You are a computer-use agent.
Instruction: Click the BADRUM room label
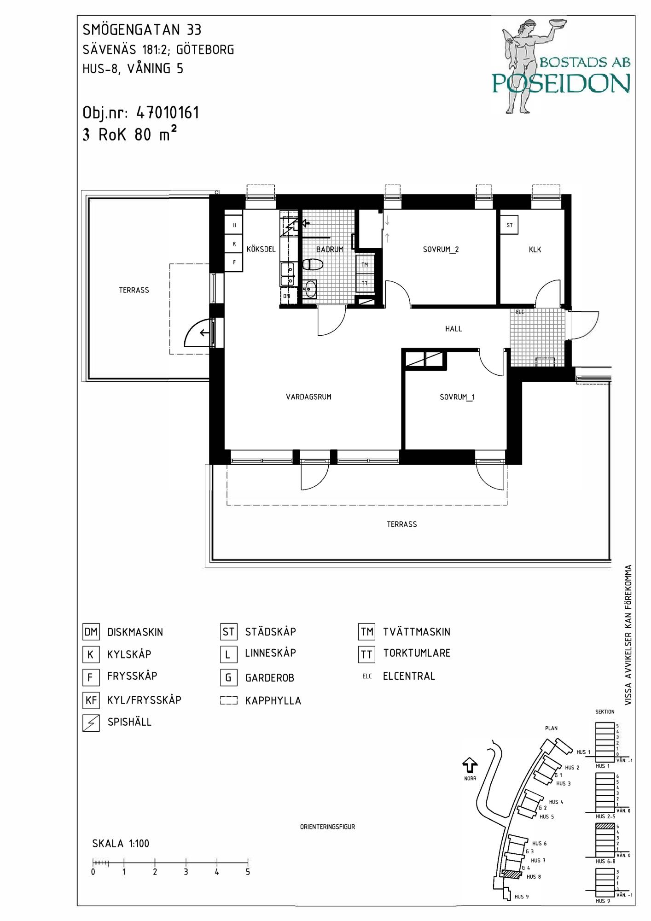coord(330,250)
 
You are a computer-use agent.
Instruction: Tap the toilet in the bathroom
coord(313,264)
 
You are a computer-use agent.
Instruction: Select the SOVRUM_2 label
coord(441,250)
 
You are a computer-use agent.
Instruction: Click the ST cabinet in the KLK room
coord(509,225)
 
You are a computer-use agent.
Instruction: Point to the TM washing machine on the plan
coord(365,264)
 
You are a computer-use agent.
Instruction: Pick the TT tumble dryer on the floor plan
coord(365,283)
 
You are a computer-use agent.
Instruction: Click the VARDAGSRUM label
coord(308,397)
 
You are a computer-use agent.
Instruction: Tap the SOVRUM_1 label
coord(457,397)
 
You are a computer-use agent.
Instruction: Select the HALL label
coord(453,329)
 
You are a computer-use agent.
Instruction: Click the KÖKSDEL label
coord(261,250)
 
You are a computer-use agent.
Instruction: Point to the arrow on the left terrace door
coord(204,333)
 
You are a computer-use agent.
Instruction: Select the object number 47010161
coord(168,113)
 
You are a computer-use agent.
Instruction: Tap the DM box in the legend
coord(91,632)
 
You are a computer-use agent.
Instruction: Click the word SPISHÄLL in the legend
coord(129,722)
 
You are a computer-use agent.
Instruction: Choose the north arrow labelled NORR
coord(470,765)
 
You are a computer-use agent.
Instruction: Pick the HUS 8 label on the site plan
coord(534,877)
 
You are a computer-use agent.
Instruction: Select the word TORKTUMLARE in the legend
coord(417,653)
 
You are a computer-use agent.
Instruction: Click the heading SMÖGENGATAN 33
coord(142,30)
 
